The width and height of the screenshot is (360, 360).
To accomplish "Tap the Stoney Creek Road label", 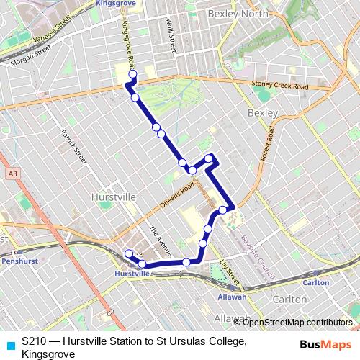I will click(x=279, y=86).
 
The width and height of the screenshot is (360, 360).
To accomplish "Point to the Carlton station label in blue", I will click(x=316, y=282).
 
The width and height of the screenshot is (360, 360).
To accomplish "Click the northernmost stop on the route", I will click(x=132, y=73).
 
